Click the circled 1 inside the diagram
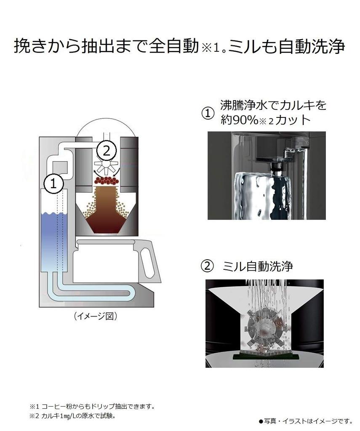click(53, 183)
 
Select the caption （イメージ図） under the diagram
click(95, 316)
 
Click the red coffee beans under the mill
click(107, 181)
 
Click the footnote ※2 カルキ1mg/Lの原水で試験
click(72, 415)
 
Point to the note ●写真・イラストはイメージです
click(305, 420)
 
